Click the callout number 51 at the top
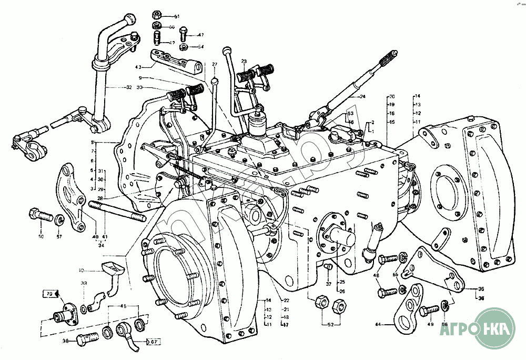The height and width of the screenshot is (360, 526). [177, 17]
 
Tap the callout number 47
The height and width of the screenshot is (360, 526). [200, 35]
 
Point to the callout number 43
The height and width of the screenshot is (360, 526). [138, 67]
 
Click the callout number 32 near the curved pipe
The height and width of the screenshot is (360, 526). [129, 87]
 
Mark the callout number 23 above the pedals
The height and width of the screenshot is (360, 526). [244, 62]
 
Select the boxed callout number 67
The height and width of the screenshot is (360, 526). [154, 343]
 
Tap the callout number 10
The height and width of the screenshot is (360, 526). [82, 271]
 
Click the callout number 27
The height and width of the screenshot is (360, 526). [215, 64]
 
